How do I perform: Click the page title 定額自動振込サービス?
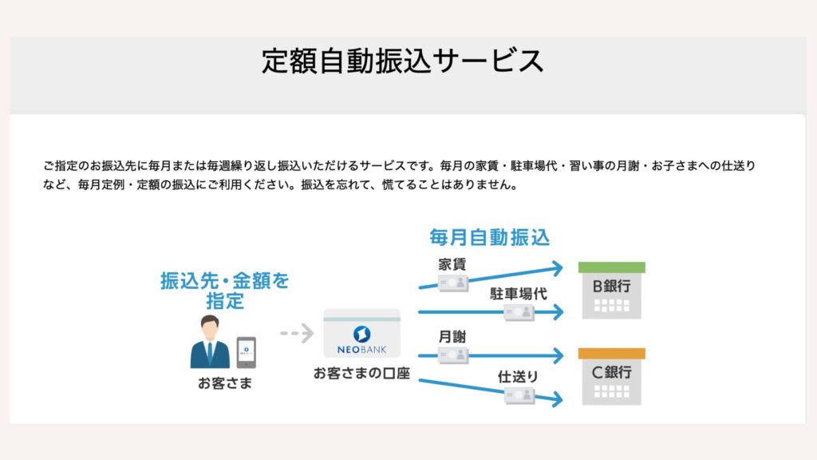pyautogui.click(x=402, y=61)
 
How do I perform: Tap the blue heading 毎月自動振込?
pyautogui.click(x=489, y=237)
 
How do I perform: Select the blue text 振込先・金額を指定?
pyautogui.click(x=224, y=291)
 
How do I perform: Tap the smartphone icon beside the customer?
pyautogui.click(x=247, y=352)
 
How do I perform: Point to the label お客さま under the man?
pyautogui.click(x=224, y=383)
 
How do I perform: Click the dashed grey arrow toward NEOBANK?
pyautogui.click(x=297, y=333)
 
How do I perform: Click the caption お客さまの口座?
pyautogui.click(x=361, y=374)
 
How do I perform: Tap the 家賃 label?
pyautogui.click(x=452, y=264)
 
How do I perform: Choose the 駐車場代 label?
pyautogui.click(x=519, y=294)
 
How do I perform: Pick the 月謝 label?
pyautogui.click(x=452, y=337)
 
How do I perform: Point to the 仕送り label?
pyautogui.click(x=517, y=377)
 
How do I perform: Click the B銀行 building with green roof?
pyautogui.click(x=612, y=291)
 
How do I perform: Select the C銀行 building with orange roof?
pyautogui.click(x=612, y=377)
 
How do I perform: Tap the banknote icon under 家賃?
pyautogui.click(x=453, y=283)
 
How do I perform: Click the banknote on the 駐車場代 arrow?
pyautogui.click(x=519, y=312)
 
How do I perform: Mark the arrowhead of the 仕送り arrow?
pyautogui.click(x=558, y=399)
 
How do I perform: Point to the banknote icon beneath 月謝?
pyautogui.click(x=453, y=355)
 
